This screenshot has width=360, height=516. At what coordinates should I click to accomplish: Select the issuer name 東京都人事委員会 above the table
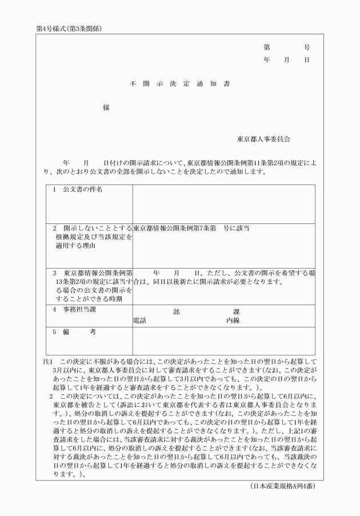click(264, 139)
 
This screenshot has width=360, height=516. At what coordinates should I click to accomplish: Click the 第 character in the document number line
click(267, 47)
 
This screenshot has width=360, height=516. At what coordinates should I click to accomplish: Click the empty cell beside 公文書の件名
click(223, 203)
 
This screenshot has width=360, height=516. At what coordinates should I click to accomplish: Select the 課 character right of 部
click(237, 313)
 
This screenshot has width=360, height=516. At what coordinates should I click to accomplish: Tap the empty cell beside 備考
click(223, 341)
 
